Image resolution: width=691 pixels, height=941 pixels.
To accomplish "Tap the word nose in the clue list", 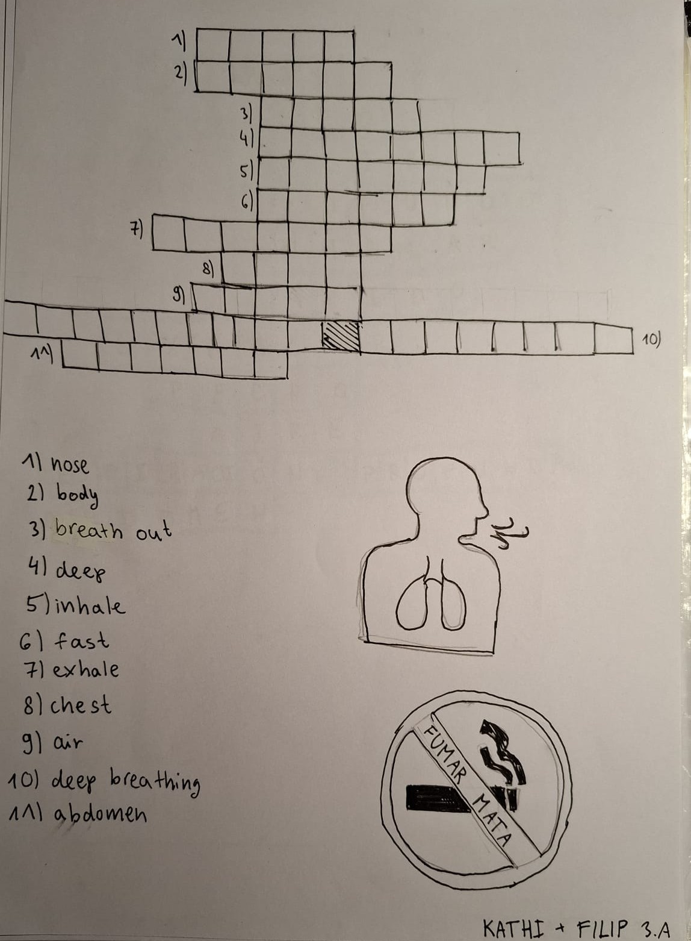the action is (70, 465).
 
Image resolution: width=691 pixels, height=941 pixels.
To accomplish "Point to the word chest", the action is (81, 704).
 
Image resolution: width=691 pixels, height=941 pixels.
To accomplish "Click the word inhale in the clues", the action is (90, 605).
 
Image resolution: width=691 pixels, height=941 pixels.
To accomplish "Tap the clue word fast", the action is (81, 640).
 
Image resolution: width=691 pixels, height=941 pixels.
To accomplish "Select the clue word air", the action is (67, 743).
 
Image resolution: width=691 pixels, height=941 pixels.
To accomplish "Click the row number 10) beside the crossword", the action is (651, 339).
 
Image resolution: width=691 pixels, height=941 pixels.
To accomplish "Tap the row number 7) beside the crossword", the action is (135, 230).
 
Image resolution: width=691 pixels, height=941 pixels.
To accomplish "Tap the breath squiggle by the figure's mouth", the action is (509, 533).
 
